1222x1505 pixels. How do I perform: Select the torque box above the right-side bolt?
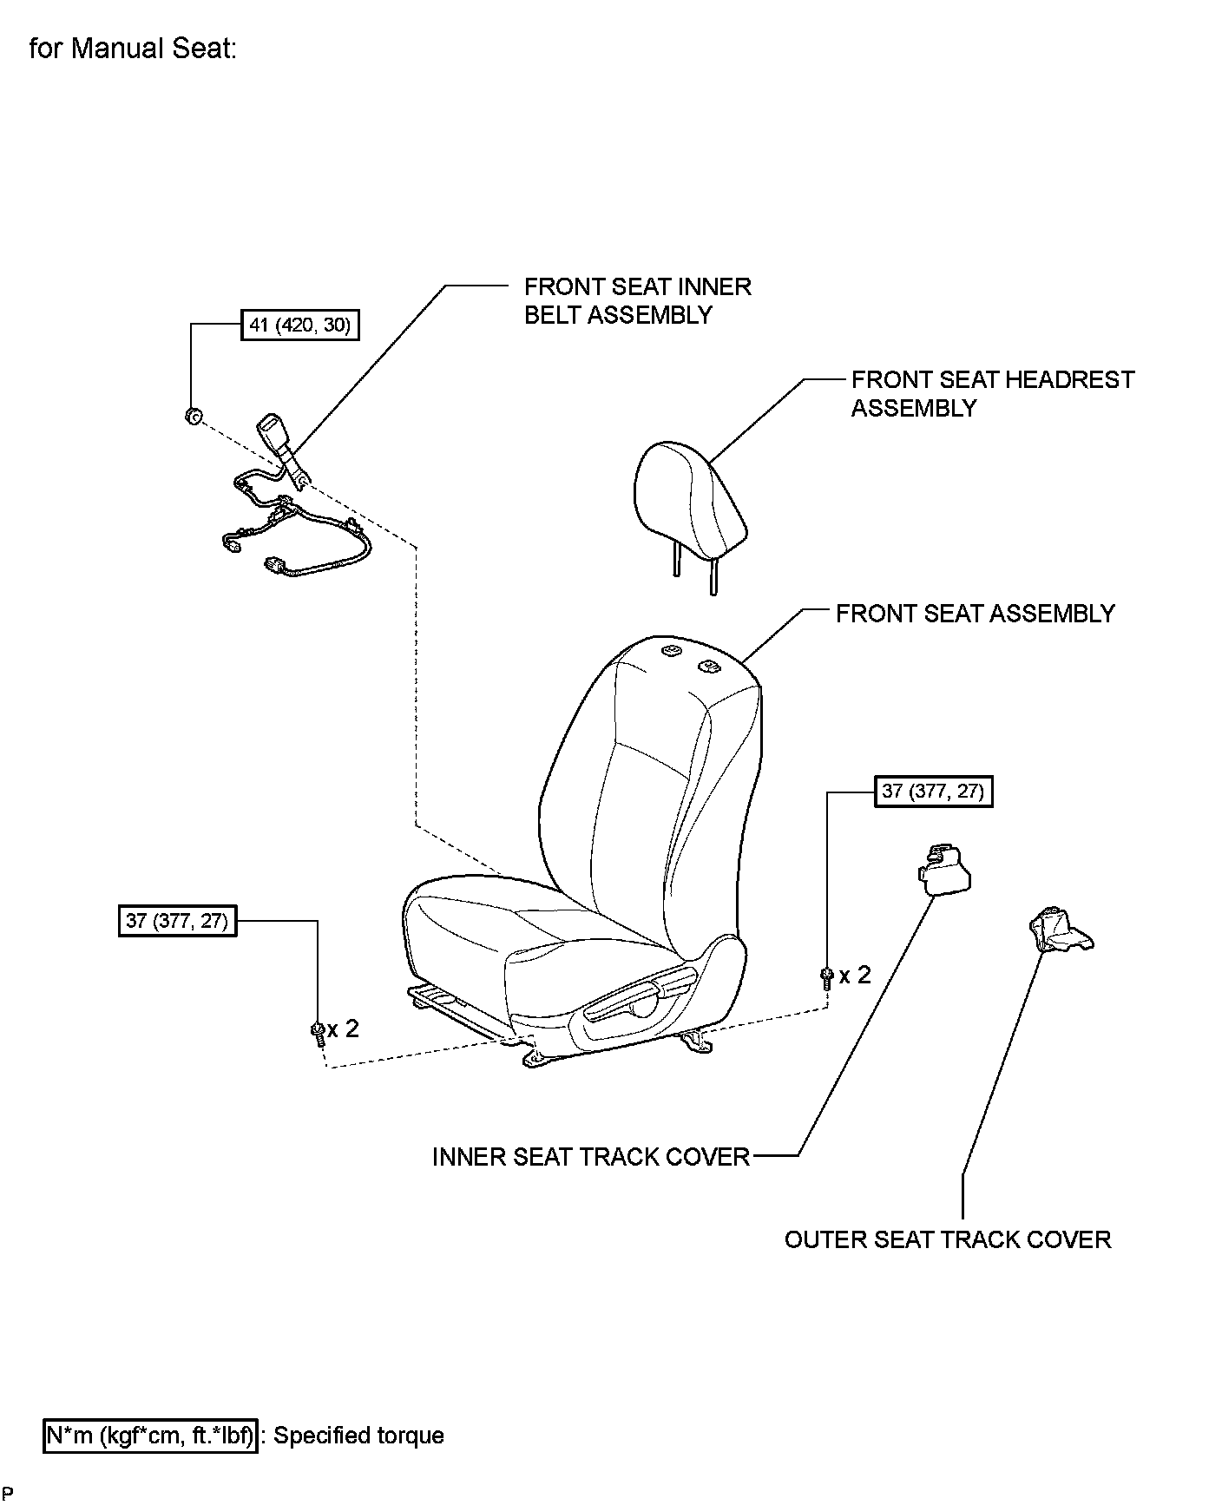933,792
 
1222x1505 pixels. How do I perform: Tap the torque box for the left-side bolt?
177,920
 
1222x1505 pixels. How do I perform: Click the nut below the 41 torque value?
193,417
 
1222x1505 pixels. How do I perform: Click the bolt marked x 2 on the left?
318,1031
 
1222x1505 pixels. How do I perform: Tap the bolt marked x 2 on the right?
826,977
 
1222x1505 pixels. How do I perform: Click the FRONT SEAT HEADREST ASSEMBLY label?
992,393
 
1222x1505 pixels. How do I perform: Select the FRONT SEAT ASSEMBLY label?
975,614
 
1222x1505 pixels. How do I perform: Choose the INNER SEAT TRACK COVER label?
590,1157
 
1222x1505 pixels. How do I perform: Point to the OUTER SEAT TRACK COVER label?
948,1239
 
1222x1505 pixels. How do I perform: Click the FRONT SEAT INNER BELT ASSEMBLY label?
637,300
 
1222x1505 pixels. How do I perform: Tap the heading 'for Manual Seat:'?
133,49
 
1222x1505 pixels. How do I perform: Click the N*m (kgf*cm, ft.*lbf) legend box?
151,1436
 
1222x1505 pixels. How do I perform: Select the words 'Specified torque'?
358,1436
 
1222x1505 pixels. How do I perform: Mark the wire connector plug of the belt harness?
275,566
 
